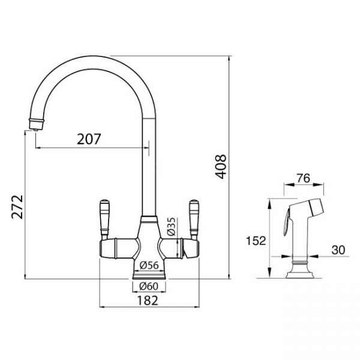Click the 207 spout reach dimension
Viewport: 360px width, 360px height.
coord(89,139)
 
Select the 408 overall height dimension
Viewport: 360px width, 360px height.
coord(221,166)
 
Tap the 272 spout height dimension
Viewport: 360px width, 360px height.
coord(17,207)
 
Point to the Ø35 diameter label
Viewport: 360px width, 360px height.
coord(171,227)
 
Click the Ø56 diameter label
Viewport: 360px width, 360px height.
coord(149,265)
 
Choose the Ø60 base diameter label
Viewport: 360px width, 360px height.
coord(149,286)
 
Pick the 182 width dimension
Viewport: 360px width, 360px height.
coord(148,301)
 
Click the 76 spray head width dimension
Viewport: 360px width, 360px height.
coord(303,178)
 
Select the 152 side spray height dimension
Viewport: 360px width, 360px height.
coord(256,241)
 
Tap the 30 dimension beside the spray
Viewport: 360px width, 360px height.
coord(338,250)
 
